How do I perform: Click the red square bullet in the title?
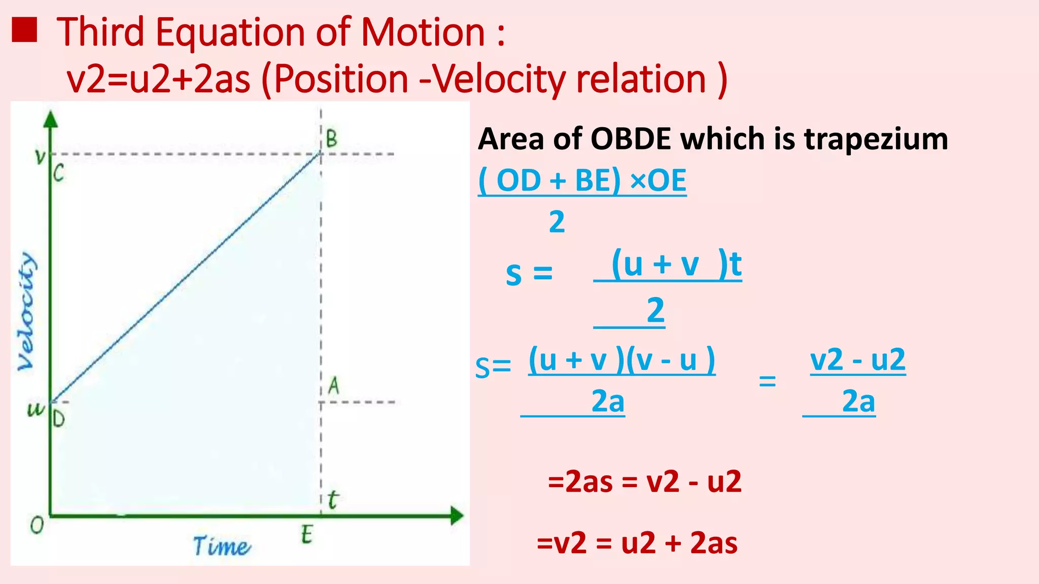tap(24, 30)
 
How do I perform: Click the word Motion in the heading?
tap(423, 32)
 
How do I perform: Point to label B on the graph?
tap(331, 138)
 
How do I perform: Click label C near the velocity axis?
tap(59, 174)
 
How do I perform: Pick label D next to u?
tap(59, 419)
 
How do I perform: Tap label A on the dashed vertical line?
tap(333, 386)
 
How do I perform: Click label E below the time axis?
tap(306, 535)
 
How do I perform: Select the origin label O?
tap(37, 525)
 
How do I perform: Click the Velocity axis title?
tap(26, 311)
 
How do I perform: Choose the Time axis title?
tap(221, 546)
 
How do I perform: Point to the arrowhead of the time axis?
tap(457, 516)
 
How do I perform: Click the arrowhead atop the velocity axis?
tap(51, 119)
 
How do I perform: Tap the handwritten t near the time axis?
tap(332, 500)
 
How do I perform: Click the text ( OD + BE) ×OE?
tap(582, 180)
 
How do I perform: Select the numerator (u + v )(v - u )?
tap(621, 360)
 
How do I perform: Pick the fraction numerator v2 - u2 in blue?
tap(857, 360)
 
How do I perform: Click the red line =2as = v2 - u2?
tap(644, 482)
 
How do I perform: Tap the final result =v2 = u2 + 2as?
tap(637, 543)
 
